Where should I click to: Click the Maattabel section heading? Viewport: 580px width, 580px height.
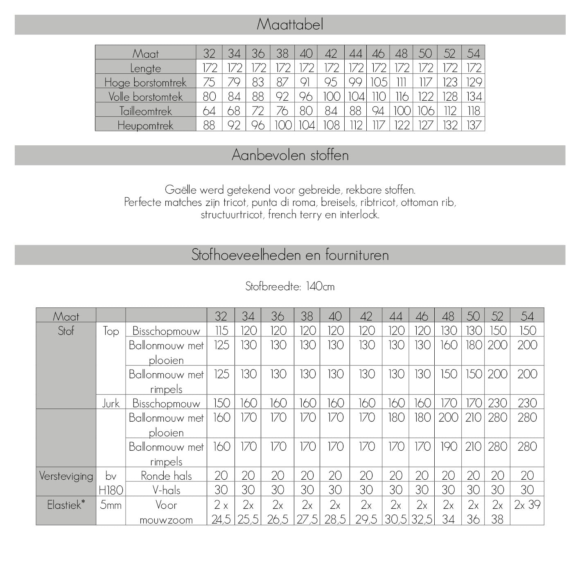coord(290,25)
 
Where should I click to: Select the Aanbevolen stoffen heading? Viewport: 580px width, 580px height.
coord(290,155)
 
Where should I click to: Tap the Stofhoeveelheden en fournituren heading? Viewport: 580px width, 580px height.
coord(290,255)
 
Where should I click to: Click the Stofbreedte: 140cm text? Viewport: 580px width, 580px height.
coord(290,287)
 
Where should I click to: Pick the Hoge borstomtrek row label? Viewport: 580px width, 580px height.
coord(145,83)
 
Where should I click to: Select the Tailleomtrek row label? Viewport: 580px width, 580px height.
coord(145,111)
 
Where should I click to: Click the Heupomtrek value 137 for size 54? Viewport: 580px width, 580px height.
coord(474,125)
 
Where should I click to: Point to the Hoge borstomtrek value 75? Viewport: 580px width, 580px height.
coord(209,82)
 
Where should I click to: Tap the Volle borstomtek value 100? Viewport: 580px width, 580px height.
coord(331,97)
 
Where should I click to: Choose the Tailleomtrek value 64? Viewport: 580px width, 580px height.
coord(209,111)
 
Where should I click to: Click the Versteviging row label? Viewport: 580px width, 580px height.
coord(66,476)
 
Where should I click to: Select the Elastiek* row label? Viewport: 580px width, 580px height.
coord(66,505)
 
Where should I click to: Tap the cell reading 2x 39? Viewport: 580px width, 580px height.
coord(527,505)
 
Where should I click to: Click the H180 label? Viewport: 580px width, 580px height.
coord(111,490)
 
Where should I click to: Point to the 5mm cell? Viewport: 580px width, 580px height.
coord(111,505)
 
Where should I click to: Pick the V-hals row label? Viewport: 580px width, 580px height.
coord(166,490)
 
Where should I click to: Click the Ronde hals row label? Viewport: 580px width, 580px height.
coord(166,476)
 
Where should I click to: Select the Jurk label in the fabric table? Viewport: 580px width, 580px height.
coord(111,403)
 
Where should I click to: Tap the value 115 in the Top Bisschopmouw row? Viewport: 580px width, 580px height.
coord(221,331)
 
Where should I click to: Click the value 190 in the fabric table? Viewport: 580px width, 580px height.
coord(448,447)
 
